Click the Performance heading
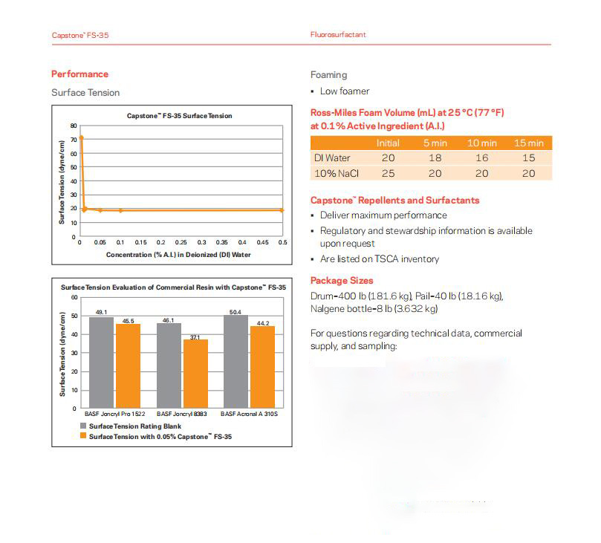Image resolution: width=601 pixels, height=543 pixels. [x=79, y=74]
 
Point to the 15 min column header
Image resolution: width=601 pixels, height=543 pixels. [x=528, y=143]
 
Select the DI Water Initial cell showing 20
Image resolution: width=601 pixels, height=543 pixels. [x=388, y=158]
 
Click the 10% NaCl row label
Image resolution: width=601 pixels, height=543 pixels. [x=332, y=173]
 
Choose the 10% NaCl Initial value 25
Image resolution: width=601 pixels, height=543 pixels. [x=388, y=173]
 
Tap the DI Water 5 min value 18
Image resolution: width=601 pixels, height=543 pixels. [x=435, y=158]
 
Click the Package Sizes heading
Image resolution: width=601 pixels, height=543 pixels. [x=342, y=281]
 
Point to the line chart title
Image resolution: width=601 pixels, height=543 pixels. [x=179, y=116]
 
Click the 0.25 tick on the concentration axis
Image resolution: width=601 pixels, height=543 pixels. [x=181, y=242]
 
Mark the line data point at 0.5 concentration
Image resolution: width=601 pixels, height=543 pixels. [x=282, y=210]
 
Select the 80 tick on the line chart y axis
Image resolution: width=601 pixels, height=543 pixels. [x=74, y=126]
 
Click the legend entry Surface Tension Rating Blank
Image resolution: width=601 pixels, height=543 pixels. [x=131, y=426]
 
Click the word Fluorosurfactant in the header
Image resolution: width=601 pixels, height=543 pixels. [x=338, y=35]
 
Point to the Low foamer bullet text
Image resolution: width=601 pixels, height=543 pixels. [x=344, y=91]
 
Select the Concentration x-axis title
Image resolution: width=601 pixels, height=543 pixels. [x=178, y=254]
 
